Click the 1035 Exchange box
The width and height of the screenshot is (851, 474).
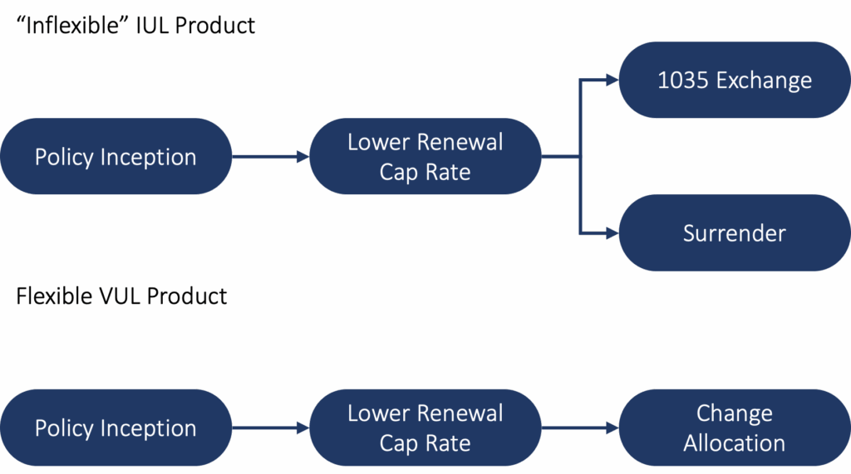(x=735, y=81)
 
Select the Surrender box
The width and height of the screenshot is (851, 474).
(x=735, y=233)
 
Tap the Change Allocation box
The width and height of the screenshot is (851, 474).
(x=735, y=428)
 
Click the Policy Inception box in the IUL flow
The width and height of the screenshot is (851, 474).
(x=116, y=157)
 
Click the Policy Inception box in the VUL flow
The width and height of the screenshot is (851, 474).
(x=116, y=428)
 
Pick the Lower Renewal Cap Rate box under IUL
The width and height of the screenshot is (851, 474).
(x=425, y=157)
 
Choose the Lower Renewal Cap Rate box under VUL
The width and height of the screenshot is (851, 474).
(x=425, y=428)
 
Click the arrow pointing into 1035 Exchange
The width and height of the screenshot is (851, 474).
(x=607, y=81)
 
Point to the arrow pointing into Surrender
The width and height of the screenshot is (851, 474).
(x=607, y=234)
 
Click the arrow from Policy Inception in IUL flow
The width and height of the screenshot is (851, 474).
(x=270, y=156)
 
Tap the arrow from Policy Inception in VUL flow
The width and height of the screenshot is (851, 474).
(x=270, y=428)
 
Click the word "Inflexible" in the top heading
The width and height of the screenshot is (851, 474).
(x=67, y=26)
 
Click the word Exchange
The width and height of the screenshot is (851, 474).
(x=764, y=81)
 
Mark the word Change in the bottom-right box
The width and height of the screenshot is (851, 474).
(x=735, y=413)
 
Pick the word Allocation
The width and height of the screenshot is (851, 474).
(x=735, y=443)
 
